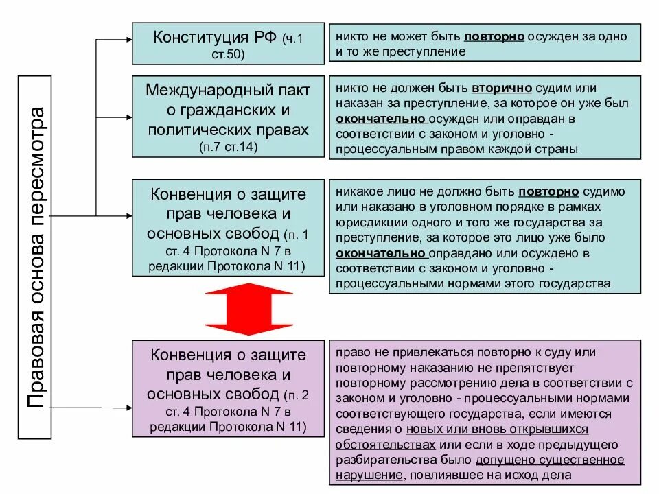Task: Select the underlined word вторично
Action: click(x=495, y=89)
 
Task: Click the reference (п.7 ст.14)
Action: click(x=228, y=147)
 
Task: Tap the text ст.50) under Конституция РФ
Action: click(x=228, y=53)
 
